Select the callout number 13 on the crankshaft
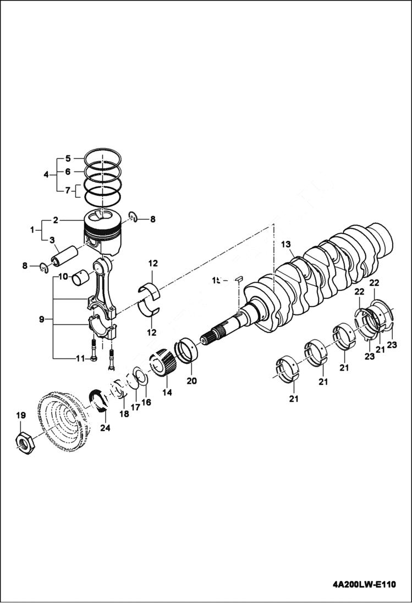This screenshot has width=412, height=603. coord(285,244)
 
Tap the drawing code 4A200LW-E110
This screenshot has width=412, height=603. coord(364,584)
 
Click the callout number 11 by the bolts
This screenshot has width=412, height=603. coord(80,358)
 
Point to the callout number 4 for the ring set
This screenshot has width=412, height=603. coord(46,174)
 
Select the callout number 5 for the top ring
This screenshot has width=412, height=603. coord(68,158)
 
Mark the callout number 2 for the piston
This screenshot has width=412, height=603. coord(56,220)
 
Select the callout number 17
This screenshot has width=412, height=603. coord(135,408)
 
